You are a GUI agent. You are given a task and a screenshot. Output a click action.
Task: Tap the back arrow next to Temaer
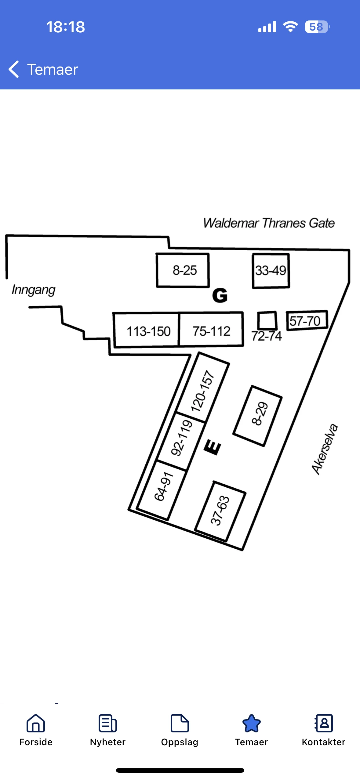coord(14,69)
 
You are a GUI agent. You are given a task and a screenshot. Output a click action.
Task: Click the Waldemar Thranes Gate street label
coord(269,223)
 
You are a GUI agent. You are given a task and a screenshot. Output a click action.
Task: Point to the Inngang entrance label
coord(33,290)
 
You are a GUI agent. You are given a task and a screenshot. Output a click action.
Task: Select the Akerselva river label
coord(325,449)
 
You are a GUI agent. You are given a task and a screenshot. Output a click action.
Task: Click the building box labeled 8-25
coord(183,270)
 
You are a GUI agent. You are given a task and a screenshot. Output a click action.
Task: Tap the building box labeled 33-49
coord(271,271)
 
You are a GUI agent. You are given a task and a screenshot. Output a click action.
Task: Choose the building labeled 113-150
coord(146,330)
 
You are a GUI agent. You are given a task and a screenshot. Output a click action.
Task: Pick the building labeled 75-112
coord(211,330)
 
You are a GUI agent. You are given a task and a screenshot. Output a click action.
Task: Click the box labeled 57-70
coord(307,320)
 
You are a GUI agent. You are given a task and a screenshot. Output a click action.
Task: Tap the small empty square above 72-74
coord(267,320)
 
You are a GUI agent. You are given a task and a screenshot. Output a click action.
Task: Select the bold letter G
coord(220,295)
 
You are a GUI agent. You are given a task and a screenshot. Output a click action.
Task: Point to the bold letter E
coord(213,447)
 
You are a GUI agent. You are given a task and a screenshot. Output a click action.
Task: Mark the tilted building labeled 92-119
coord(181,441)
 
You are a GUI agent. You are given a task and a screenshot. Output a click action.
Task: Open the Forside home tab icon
coord(36,723)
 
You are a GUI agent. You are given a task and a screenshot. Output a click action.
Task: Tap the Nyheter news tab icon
coord(108,723)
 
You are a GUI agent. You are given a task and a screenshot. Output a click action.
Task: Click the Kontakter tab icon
coord(324,723)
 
